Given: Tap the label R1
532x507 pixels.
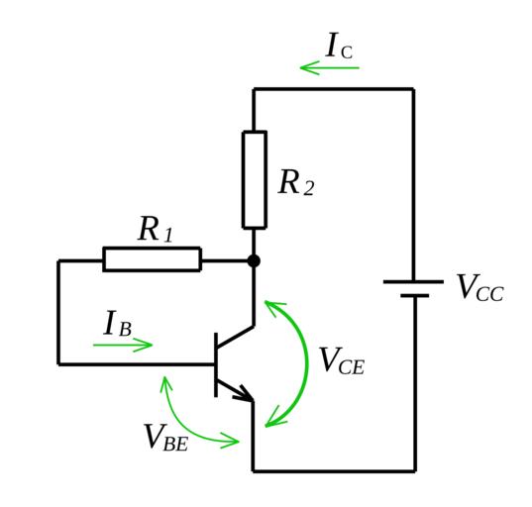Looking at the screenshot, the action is (156, 230).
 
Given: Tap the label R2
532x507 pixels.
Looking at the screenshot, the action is (296, 182).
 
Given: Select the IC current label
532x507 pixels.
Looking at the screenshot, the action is (339, 46).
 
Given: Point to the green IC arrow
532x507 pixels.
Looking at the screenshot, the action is (330, 67).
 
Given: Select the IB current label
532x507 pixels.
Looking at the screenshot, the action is (117, 323).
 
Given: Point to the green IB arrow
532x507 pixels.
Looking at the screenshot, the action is (123, 345).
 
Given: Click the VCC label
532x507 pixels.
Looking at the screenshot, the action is (480, 287).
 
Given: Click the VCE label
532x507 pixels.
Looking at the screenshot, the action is (342, 360).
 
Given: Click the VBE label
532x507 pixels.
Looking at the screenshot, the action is (166, 438).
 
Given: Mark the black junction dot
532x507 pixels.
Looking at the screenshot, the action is (254, 261).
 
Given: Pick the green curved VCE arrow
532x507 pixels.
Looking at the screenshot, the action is (307, 362).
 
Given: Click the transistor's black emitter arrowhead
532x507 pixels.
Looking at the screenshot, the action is (245, 394).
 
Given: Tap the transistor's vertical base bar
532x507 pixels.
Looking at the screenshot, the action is (216, 364).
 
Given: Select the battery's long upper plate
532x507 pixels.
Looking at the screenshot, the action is (413, 281).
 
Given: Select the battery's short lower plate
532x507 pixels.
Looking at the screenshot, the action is (415, 296).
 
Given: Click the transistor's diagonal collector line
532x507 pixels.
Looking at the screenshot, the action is (235, 337).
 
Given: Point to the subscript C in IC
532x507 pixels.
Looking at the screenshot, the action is (347, 52).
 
